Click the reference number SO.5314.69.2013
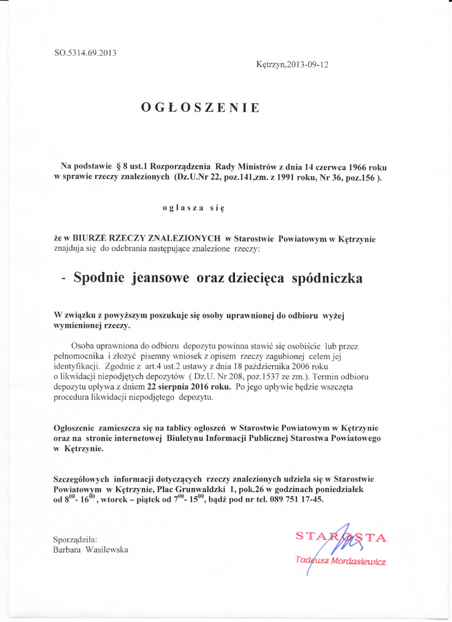click(85, 52)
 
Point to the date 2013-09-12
click(306, 64)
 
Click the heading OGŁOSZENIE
click(200, 108)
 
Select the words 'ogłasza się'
click(194, 208)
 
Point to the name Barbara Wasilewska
click(91, 549)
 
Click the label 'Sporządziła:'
click(75, 539)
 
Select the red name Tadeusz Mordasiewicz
click(340, 561)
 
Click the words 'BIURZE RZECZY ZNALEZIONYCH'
click(146, 239)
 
